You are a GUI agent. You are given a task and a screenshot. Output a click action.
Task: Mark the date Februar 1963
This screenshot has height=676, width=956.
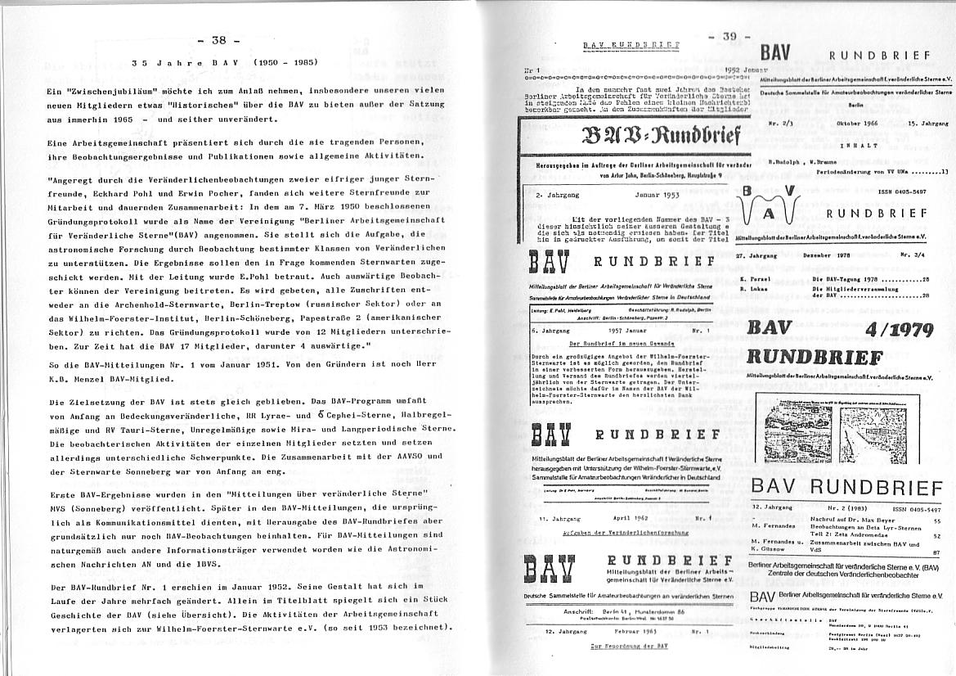[x=629, y=633]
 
